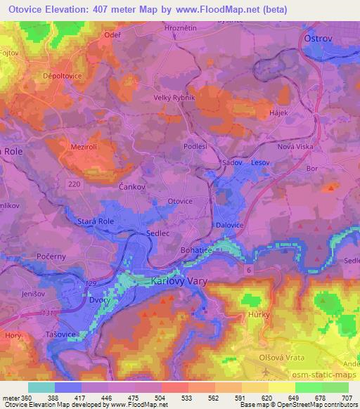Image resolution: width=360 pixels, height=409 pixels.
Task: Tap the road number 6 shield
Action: coord(248,268)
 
